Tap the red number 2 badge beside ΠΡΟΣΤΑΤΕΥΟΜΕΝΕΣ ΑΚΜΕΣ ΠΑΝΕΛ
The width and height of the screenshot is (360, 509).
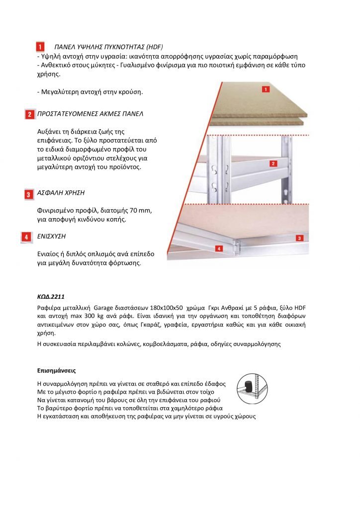click(x=30, y=114)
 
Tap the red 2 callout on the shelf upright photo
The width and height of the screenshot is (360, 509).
click(x=273, y=163)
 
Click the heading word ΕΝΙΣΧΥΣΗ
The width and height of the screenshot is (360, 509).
click(x=52, y=236)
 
